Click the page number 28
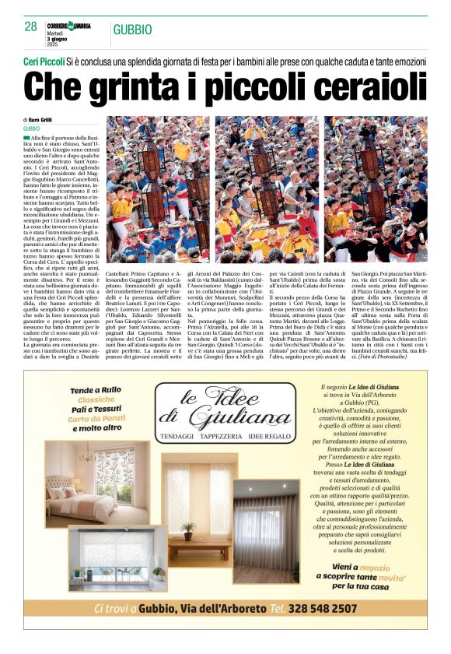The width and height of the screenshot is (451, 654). pyautogui.click(x=30, y=27)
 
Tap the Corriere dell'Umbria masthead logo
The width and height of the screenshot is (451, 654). pyautogui.click(x=69, y=26)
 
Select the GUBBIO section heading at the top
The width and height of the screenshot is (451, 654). pyautogui.click(x=133, y=30)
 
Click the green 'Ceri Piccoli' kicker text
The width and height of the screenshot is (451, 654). pyautogui.click(x=44, y=60)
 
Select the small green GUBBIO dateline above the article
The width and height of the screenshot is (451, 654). pyautogui.click(x=32, y=128)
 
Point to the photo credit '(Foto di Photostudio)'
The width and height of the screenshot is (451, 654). pyautogui.click(x=400, y=356)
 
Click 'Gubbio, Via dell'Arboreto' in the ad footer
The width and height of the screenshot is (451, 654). pyautogui.click(x=204, y=608)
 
